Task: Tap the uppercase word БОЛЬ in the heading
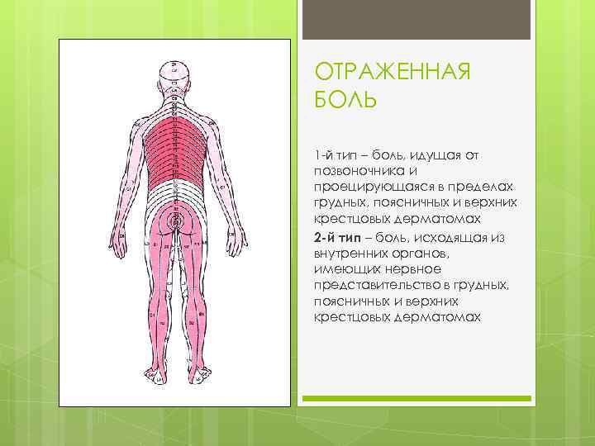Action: [x=345, y=101]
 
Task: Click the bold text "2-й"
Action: [x=325, y=238]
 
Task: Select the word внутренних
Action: [x=352, y=252]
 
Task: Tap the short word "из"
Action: [x=498, y=238]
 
